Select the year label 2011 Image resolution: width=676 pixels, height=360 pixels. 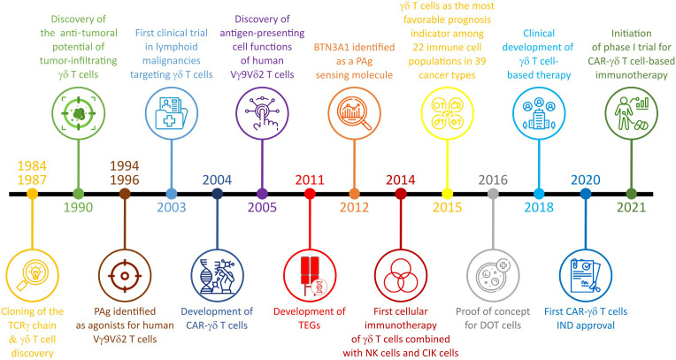309,180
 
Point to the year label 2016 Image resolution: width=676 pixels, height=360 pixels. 493,180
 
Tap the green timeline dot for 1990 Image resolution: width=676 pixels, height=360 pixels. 79,193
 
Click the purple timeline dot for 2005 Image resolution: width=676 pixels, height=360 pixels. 262,193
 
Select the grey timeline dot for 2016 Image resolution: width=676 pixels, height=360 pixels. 493,193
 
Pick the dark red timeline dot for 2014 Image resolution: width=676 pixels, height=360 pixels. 401,193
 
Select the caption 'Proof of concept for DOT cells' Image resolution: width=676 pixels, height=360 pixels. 493,318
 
